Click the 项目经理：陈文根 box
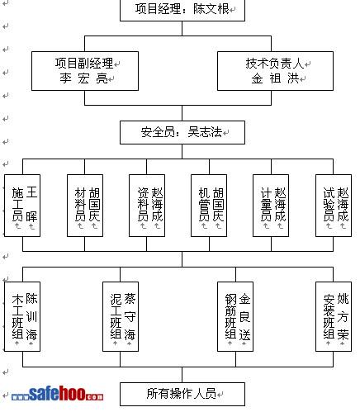(182, 10)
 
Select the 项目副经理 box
(85, 71)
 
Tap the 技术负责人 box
(275, 71)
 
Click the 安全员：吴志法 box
(182, 132)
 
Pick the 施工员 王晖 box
(22, 206)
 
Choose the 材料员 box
(85, 206)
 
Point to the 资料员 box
(147, 206)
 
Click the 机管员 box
(209, 206)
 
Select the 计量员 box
(271, 206)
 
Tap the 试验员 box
(334, 206)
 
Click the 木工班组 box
(22, 316)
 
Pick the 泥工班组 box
(121, 316)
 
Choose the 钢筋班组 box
(235, 316)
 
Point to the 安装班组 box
(334, 316)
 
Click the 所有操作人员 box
(182, 394)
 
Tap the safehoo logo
(58, 394)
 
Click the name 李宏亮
(83, 78)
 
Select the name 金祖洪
(275, 78)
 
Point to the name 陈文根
(211, 9)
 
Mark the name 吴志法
(205, 132)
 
